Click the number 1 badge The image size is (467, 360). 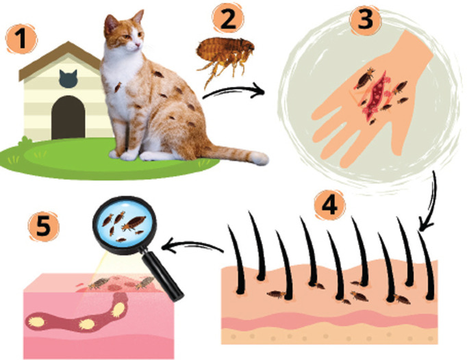[x=21, y=40]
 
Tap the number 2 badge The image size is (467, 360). [x=228, y=19]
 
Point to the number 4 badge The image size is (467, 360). [x=329, y=205]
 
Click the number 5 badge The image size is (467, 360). [x=44, y=227]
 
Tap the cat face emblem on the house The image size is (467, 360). [x=68, y=79]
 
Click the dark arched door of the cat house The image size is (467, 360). [x=68, y=117]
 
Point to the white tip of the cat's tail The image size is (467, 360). [x=259, y=158]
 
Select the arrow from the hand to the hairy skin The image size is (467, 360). [x=431, y=203]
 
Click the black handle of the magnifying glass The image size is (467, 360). [x=162, y=275]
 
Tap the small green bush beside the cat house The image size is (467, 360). [x=25, y=140]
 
